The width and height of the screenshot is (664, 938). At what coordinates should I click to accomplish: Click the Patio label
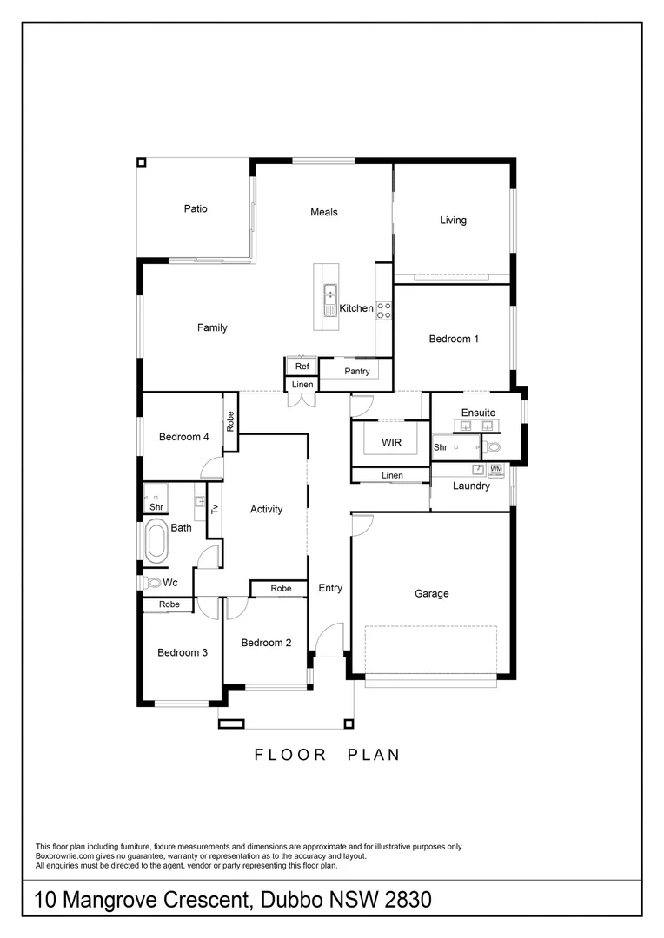(196, 208)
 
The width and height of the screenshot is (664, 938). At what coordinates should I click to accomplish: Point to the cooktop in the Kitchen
(382, 310)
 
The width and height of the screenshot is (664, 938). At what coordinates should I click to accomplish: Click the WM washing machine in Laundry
(495, 470)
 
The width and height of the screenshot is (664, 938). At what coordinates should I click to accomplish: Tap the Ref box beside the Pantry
(302, 367)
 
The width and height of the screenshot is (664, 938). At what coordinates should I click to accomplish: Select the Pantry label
(356, 371)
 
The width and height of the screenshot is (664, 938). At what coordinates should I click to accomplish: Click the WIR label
(391, 443)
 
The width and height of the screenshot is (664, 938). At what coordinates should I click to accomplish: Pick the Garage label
(431, 594)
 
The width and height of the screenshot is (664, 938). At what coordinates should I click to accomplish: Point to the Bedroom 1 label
(454, 339)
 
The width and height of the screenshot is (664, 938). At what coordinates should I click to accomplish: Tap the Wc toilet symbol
(155, 583)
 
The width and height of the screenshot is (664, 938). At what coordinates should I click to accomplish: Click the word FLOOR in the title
(290, 755)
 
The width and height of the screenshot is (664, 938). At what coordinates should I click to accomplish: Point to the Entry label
(330, 588)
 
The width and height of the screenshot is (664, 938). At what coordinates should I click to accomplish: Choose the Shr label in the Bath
(156, 507)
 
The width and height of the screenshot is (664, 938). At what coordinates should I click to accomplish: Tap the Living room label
(453, 220)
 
